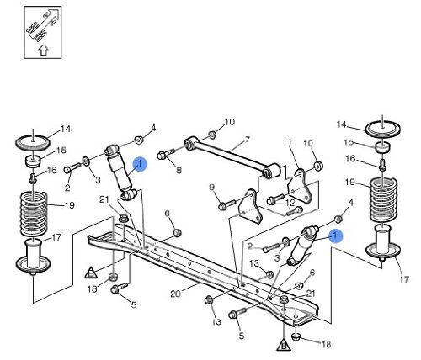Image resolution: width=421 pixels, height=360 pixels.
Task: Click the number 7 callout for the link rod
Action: (248, 140)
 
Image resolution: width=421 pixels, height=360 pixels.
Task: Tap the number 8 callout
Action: (179, 170)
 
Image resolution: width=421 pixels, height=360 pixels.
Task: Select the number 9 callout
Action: (212, 187)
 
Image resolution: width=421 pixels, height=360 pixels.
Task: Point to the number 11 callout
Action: (287, 141)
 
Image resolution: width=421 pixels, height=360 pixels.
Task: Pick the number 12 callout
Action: (290, 203)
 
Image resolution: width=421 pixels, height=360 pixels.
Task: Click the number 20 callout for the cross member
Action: (175, 294)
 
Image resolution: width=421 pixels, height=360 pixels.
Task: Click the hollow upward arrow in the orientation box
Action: (43, 50)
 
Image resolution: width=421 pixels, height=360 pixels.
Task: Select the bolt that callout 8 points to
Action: (166, 154)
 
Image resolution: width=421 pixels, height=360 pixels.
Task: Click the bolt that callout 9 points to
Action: (227, 204)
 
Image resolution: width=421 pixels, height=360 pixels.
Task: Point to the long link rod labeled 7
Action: (232, 156)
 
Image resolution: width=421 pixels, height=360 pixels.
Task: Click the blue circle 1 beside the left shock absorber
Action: (140, 164)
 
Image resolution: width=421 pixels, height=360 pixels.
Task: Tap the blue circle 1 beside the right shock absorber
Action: (336, 236)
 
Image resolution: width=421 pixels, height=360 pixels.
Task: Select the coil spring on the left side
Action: (34, 213)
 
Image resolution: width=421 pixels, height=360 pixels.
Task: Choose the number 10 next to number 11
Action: (308, 144)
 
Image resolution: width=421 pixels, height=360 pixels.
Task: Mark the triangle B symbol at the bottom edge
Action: (284, 345)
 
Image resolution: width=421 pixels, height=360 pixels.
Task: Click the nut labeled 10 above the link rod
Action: (213, 135)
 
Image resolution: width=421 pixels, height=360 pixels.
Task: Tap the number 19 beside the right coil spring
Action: (350, 183)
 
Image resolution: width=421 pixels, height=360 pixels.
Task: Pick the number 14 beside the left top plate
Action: (66, 129)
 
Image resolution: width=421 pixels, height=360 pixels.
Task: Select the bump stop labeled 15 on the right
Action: (383, 147)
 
